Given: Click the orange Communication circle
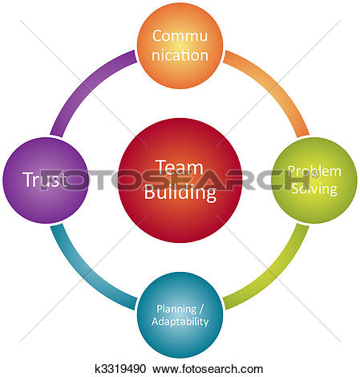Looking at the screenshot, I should [180, 46].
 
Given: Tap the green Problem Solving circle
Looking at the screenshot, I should [314, 180].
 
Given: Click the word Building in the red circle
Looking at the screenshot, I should [180, 193].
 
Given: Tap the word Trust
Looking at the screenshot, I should [45, 180].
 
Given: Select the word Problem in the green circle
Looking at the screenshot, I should [314, 171].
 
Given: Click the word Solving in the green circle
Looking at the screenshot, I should [314, 188].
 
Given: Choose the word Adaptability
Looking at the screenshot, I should [180, 322].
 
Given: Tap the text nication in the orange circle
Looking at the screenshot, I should [180, 55].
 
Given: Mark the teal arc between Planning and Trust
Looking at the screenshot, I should [85, 273].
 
